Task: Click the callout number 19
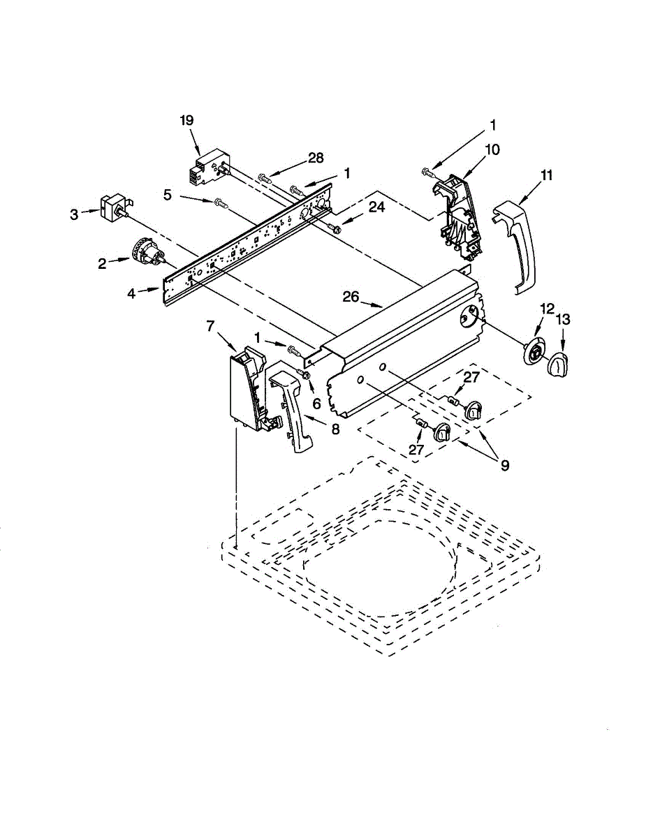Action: coord(186,121)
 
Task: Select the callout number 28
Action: coord(316,158)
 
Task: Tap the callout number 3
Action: coord(75,214)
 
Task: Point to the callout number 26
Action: coord(351,297)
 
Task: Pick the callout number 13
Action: coord(563,320)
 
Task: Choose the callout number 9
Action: coord(504,464)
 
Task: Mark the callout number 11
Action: coord(546,175)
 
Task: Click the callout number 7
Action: coord(210,325)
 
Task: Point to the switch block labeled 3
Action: coord(112,206)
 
